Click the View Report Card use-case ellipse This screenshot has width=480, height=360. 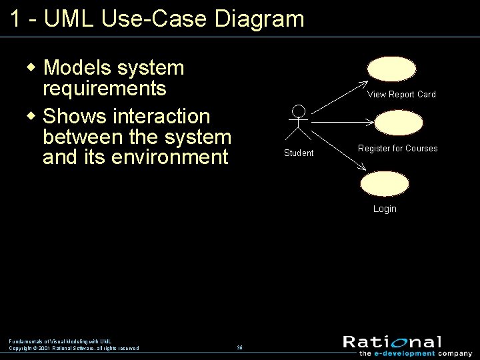coord(391,69)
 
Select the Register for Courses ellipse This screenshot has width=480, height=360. coord(398,123)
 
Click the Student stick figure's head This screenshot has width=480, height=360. coord(299,111)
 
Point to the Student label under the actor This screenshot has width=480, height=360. coord(299,153)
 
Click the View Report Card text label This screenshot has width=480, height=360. coord(401,95)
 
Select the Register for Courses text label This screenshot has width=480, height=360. coord(397,149)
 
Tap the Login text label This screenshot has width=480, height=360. coord(385,209)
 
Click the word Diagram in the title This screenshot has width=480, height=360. coord(259,19)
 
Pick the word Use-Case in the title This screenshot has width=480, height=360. coord(154,19)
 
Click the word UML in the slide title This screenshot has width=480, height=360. coord(70,19)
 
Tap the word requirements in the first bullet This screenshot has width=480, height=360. coord(104,89)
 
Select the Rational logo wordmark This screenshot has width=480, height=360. coord(392,343)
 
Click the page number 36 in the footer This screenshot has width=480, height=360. coord(239,347)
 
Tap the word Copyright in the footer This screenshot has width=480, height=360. coord(21,348)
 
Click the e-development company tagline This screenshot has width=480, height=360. coord(415,354)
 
